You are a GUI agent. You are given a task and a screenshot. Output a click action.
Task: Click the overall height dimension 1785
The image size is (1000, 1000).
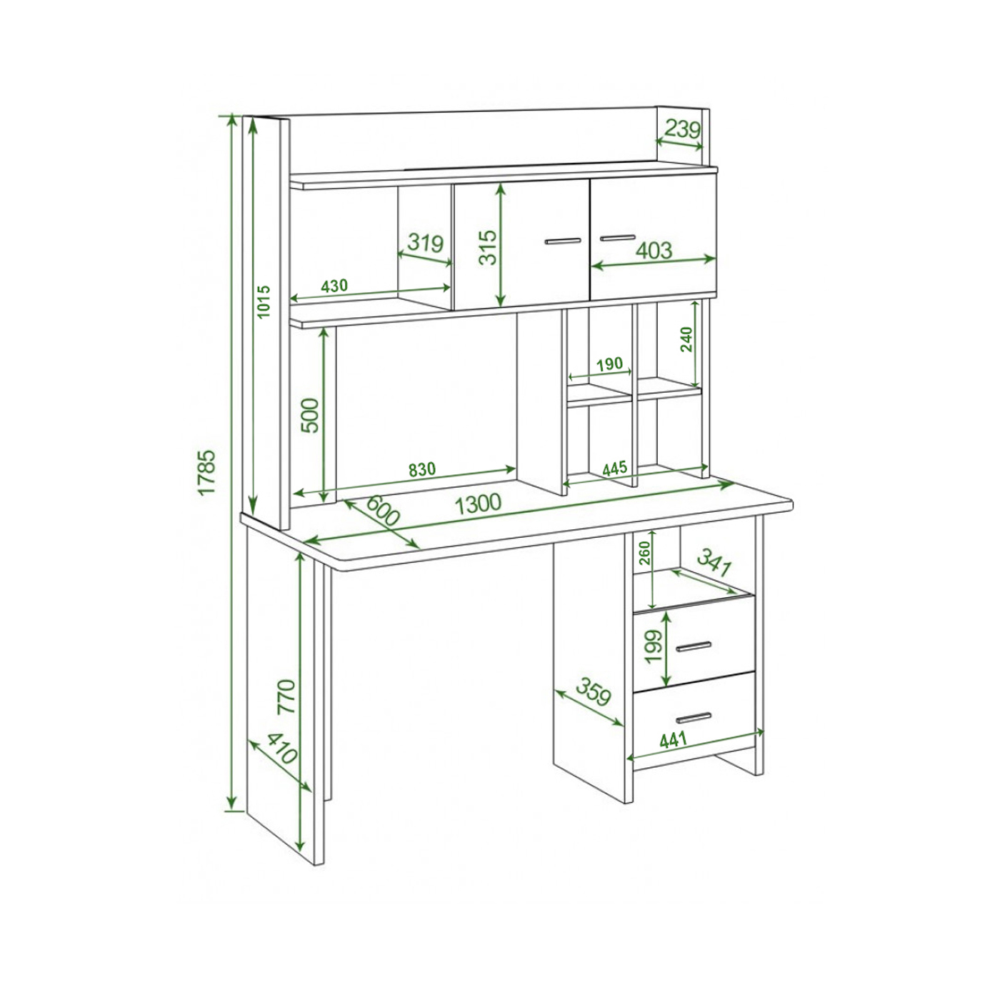pyautogui.click(x=206, y=473)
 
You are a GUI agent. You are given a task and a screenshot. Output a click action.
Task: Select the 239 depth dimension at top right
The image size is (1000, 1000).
pyautogui.click(x=682, y=129)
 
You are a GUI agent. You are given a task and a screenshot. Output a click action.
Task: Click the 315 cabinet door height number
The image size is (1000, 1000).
pyautogui.click(x=488, y=248)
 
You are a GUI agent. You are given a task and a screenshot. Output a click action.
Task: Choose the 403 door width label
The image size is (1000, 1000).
pyautogui.click(x=654, y=250)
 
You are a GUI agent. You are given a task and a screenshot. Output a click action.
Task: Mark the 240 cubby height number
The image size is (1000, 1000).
pyautogui.click(x=686, y=339)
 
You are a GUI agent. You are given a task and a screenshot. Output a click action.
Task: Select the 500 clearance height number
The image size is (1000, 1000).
pyautogui.click(x=311, y=415)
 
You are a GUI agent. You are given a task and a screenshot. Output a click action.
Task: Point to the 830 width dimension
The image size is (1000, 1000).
pyautogui.click(x=422, y=469)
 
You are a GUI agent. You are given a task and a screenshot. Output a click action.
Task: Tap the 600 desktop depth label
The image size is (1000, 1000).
pyautogui.click(x=382, y=511)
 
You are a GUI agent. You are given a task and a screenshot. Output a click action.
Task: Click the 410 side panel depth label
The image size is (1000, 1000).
pyautogui.click(x=282, y=749)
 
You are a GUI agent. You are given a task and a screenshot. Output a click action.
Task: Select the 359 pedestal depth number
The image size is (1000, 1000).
pyautogui.click(x=594, y=691)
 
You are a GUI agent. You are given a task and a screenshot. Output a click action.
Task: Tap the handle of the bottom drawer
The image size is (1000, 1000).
pyautogui.click(x=694, y=718)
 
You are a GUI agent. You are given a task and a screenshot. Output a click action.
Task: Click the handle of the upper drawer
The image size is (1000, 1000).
pyautogui.click(x=694, y=646)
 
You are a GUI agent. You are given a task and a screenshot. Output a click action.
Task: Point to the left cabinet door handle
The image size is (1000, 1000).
pyautogui.click(x=563, y=241)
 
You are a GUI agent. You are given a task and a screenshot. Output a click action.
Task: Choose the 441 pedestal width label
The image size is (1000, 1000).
pyautogui.click(x=673, y=740)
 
